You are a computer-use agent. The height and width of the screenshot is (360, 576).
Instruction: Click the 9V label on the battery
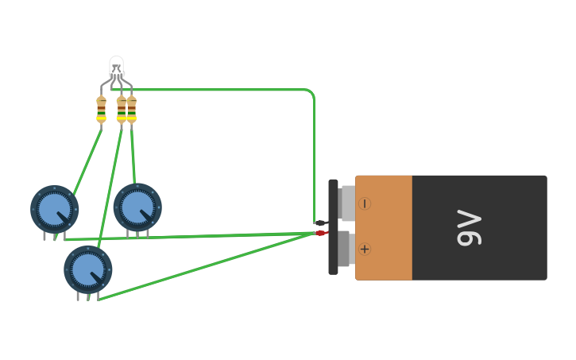(470, 227)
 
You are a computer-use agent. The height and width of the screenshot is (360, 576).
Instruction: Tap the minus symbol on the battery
(365, 203)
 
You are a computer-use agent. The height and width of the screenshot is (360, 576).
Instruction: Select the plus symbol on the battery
(365, 249)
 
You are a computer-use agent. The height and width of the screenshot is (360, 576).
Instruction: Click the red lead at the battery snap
(320, 233)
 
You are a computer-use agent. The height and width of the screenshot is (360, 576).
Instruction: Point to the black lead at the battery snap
(320, 223)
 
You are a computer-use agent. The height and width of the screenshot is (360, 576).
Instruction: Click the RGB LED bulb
(116, 65)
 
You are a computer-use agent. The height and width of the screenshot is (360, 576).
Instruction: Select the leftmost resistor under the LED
(101, 109)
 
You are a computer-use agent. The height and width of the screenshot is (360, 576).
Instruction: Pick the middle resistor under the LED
(121, 109)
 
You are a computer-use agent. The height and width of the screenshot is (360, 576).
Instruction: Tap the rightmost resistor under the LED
(131, 109)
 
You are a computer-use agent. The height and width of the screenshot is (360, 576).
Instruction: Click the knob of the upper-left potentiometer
(54, 209)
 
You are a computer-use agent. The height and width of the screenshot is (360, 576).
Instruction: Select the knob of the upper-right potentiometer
(137, 207)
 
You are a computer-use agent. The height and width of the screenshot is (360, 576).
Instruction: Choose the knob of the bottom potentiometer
(87, 269)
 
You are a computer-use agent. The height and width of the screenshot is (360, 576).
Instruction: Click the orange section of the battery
(384, 227)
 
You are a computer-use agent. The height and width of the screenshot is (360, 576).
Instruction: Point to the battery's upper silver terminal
(347, 203)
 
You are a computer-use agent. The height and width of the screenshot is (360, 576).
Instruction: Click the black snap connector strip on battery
(333, 227)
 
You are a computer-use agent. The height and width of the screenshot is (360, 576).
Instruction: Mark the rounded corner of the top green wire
(311, 93)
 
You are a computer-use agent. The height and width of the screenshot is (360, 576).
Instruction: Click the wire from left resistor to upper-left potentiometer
(87, 159)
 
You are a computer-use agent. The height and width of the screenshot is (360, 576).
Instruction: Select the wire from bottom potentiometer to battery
(207, 266)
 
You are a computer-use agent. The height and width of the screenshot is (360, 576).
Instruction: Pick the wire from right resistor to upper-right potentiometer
(133, 155)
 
